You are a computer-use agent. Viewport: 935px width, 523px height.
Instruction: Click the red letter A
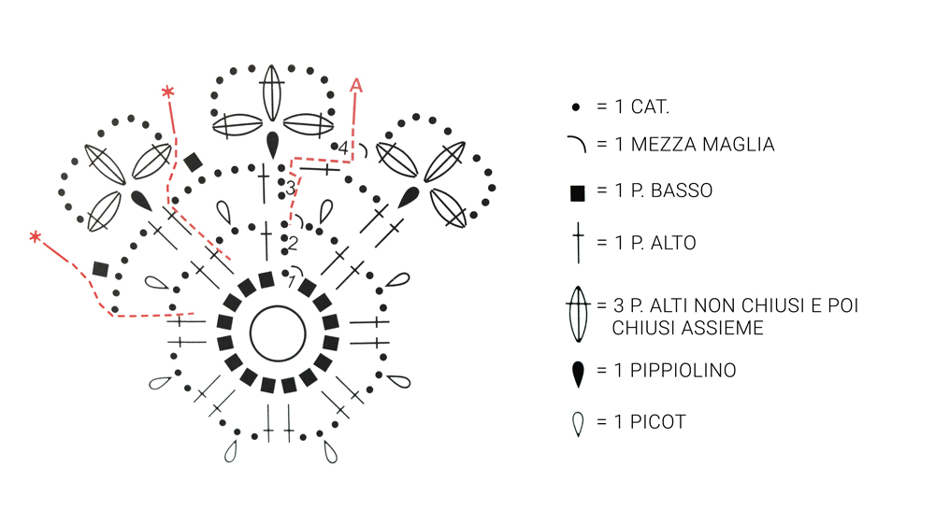(356, 86)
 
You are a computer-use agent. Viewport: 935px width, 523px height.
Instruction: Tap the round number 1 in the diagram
(292, 281)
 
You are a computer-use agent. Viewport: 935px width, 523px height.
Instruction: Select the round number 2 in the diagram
(293, 244)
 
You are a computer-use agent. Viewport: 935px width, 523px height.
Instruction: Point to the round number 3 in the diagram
(291, 189)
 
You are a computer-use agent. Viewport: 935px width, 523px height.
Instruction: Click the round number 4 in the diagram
(343, 148)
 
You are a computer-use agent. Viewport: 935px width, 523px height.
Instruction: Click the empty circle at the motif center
(278, 332)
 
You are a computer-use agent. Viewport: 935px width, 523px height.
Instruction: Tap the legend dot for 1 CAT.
(577, 107)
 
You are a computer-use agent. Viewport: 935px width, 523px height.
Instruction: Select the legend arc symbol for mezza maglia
(577, 144)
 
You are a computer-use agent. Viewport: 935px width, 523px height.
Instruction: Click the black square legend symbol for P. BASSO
(578, 193)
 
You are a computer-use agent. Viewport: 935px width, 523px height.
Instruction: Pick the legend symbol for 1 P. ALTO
(578, 243)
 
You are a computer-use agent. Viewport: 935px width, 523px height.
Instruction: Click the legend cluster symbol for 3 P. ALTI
(578, 315)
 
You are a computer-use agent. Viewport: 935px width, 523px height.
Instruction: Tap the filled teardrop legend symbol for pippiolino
(578, 373)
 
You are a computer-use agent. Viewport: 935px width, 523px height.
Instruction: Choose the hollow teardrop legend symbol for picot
(578, 424)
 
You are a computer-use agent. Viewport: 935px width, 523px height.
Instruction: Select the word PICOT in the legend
(658, 422)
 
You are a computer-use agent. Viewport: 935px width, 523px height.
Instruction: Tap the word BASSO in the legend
(683, 191)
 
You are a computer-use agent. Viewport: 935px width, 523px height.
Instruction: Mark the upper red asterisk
(168, 92)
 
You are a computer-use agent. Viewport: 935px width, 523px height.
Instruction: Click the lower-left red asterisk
(36, 237)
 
